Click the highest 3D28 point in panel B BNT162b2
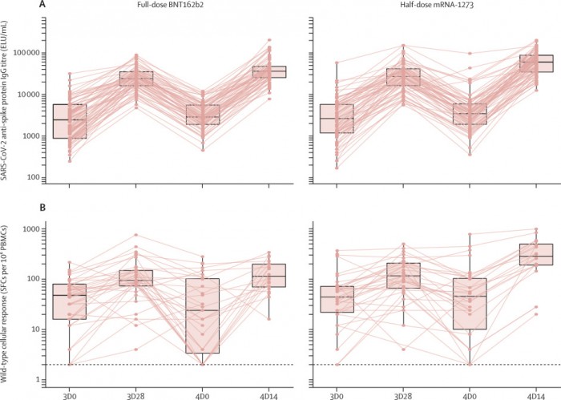point(137,235)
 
